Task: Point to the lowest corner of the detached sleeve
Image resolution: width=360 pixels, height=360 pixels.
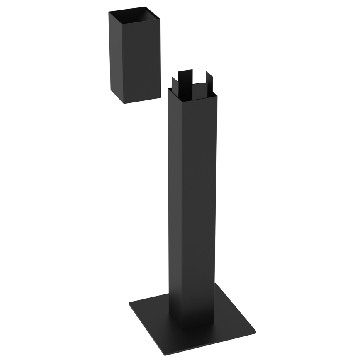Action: click(x=124, y=103)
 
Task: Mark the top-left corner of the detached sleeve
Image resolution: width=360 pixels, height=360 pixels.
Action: click(x=109, y=12)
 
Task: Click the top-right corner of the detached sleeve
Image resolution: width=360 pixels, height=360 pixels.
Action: click(x=160, y=17)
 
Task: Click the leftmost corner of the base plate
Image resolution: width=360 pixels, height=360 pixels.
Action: click(x=129, y=305)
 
